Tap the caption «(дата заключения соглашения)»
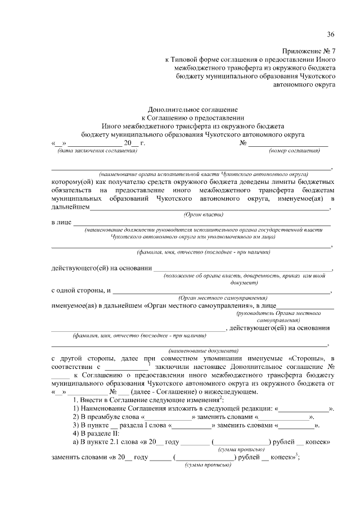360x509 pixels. pyautogui.click(x=96, y=151)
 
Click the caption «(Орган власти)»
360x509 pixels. pyautogui.click(x=204, y=215)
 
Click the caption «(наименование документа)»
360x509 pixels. pyautogui.click(x=191, y=349)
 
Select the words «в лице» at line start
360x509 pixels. pyautogui.click(x=61, y=223)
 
